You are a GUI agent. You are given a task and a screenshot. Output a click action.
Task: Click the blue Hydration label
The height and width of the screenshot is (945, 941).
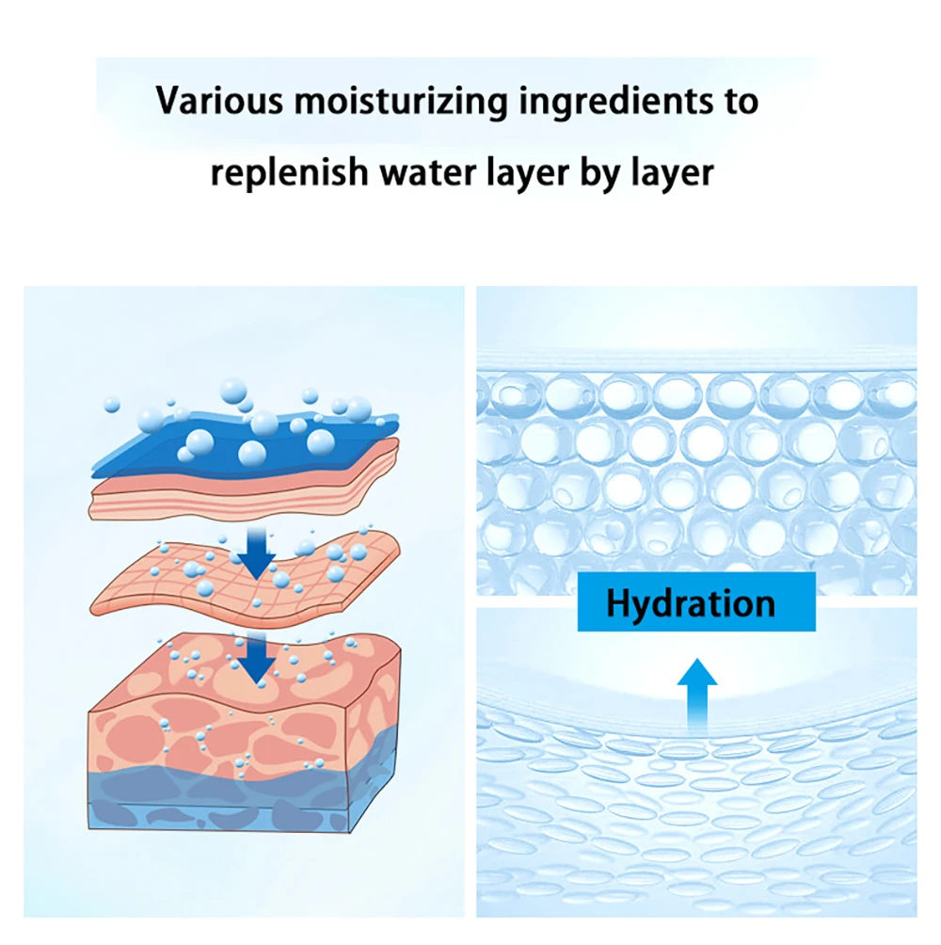pyautogui.click(x=696, y=602)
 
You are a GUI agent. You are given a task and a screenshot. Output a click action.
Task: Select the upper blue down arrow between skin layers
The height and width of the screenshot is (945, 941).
pyautogui.click(x=255, y=553)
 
